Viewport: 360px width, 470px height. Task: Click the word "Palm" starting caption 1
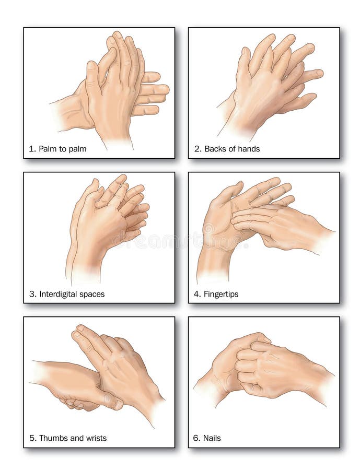[48, 149]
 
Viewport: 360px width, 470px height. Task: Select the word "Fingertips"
[221, 294]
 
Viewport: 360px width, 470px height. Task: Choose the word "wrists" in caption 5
[96, 438]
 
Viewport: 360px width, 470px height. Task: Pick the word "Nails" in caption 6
[212, 438]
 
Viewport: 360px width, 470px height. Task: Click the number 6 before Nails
[196, 438]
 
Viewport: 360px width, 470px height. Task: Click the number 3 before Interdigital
[32, 294]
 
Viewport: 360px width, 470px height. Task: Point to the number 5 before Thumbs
[32, 438]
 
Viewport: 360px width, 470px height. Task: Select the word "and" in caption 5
[76, 438]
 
